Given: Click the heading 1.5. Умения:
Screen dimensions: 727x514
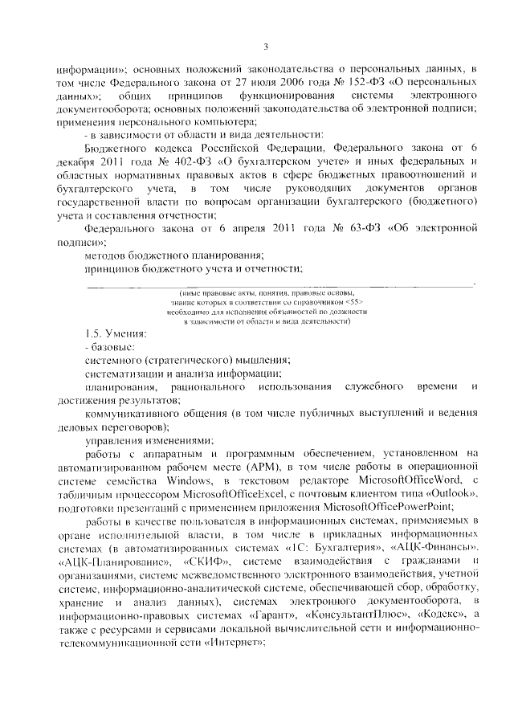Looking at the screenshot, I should point(116,333).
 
